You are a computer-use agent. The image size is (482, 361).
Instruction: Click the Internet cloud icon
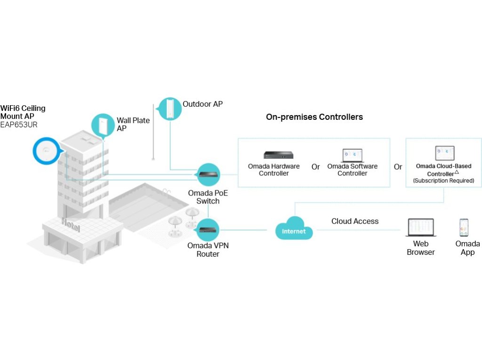pos(294,228)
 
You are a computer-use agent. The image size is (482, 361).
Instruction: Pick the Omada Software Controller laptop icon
pos(352,155)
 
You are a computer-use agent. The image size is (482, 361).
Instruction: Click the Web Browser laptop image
pos(420,228)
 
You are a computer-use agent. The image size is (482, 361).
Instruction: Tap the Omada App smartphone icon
pos(464,227)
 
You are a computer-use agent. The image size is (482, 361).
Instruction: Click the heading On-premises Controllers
pos(314,117)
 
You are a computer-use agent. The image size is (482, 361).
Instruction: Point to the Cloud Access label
pos(355,221)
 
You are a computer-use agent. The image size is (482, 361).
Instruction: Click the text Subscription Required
pos(443,180)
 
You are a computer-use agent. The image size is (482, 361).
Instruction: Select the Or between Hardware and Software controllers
pos(315,167)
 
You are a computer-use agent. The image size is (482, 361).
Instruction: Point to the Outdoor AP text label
pos(202,104)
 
